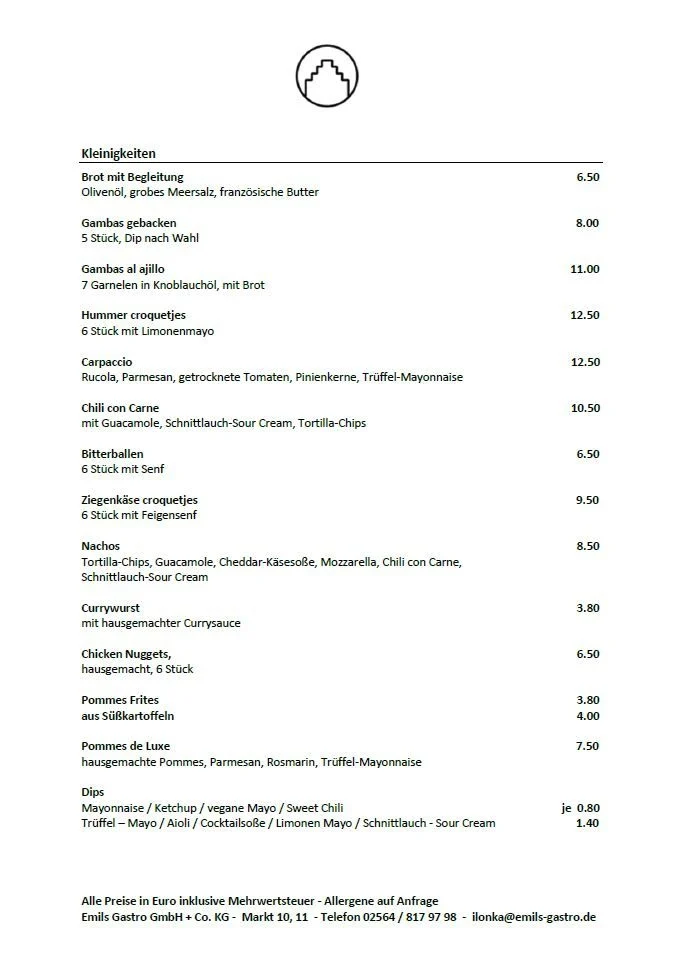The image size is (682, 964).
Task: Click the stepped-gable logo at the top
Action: click(326, 76)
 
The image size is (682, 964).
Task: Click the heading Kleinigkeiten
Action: click(118, 154)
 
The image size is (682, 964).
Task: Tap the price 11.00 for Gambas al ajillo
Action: click(585, 269)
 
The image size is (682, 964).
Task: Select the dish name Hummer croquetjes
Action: click(133, 315)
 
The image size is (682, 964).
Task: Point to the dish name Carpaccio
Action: click(107, 362)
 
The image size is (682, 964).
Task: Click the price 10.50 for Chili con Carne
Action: click(585, 408)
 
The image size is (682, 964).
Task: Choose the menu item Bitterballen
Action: click(112, 454)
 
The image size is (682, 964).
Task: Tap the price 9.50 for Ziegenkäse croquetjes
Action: click(587, 500)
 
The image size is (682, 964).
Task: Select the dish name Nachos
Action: click(100, 546)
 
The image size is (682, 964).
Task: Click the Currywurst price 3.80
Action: click(588, 608)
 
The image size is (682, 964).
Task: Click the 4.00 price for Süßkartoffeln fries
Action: click(588, 716)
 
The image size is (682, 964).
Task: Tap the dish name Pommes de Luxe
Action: click(126, 746)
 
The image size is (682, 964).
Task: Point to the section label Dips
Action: click(92, 792)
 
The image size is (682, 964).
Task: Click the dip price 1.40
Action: click(588, 823)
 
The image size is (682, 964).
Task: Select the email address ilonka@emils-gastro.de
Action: click(534, 917)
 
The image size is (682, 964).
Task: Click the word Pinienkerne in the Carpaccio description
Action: click(326, 377)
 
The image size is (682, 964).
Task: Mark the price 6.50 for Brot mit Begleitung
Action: click(588, 177)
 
